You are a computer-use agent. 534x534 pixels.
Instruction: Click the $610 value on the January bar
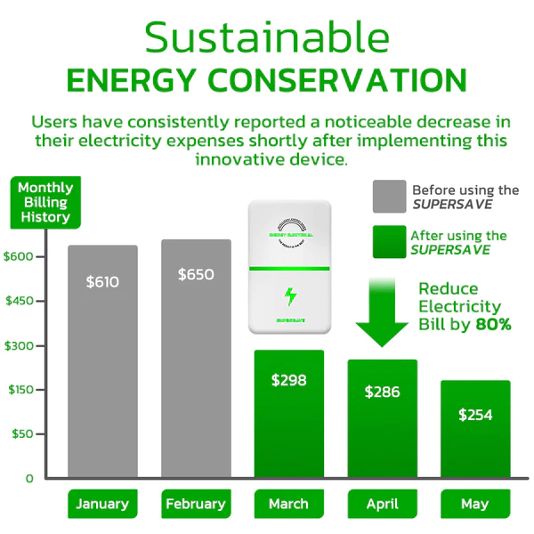102,281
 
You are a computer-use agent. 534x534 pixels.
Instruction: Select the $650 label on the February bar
195,274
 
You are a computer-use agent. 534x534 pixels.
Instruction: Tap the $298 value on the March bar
288,380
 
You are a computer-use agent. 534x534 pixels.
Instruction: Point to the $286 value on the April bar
382,392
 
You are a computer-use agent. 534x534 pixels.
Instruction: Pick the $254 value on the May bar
474,415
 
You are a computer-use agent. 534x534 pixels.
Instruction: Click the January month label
102,504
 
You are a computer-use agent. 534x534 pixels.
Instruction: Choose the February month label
196,504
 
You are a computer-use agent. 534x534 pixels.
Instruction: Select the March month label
288,504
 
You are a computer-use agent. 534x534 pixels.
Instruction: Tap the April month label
382,504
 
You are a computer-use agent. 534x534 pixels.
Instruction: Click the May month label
474,504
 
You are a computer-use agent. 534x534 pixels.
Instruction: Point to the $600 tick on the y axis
20,256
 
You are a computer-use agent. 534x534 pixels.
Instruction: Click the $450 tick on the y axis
20,301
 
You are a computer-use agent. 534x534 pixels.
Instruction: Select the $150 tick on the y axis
20,389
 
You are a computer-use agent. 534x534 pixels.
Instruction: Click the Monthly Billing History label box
44,202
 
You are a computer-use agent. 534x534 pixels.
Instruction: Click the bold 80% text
494,325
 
